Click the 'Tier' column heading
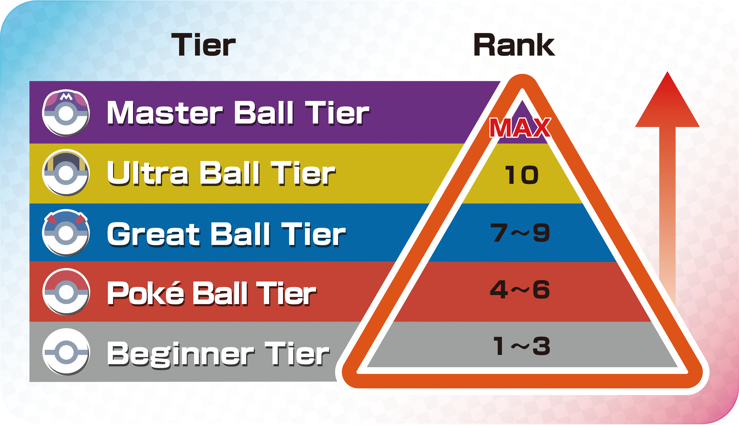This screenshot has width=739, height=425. [x=203, y=44]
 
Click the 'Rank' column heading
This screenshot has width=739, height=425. [x=514, y=44]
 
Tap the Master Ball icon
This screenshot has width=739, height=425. [x=66, y=113]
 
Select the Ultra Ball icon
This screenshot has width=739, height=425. [x=66, y=173]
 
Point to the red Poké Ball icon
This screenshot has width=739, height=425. [x=66, y=292]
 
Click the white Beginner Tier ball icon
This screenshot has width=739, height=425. [x=66, y=352]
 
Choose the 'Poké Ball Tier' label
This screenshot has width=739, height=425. [x=212, y=293]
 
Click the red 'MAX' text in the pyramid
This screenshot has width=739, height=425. [x=520, y=128]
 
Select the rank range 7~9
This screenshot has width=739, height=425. [x=520, y=233]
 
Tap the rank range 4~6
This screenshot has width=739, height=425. [x=520, y=290]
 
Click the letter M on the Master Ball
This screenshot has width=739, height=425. [x=66, y=97]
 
